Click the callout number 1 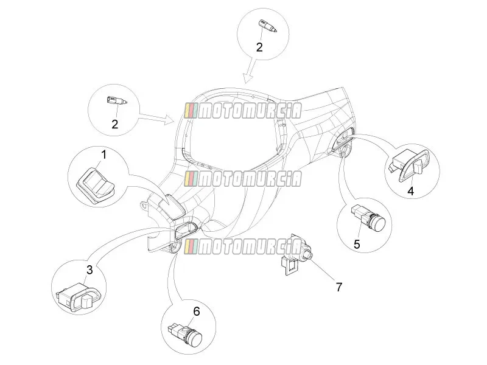[x=104, y=155]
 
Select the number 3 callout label [x=89, y=269]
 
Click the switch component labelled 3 [x=79, y=296]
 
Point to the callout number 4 [x=410, y=191]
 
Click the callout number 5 [x=357, y=245]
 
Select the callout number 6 [x=197, y=311]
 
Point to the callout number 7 [x=338, y=287]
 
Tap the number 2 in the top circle [x=259, y=47]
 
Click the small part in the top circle [x=267, y=26]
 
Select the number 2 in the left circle [x=115, y=124]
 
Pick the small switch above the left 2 [x=117, y=100]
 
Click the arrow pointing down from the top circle [x=251, y=71]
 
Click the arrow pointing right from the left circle [x=156, y=118]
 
